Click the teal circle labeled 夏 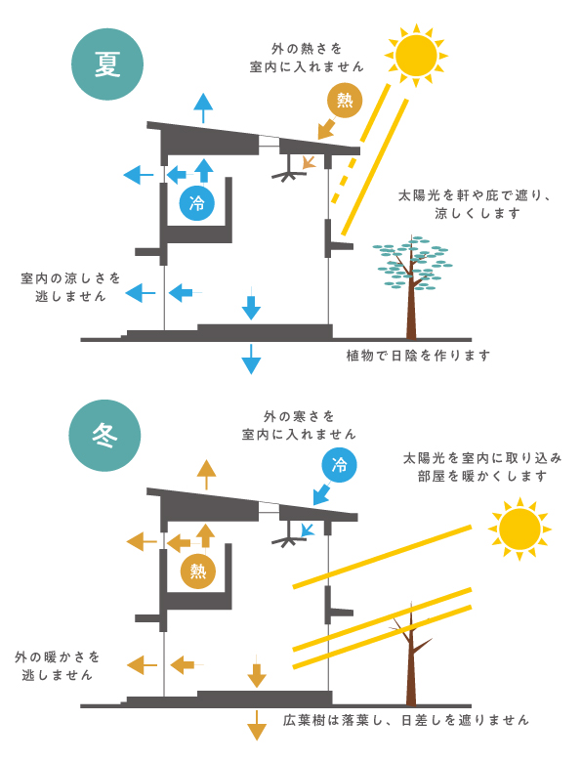pyautogui.click(x=107, y=64)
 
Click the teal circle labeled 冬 pyautogui.click(x=104, y=435)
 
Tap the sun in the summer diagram pyautogui.click(x=416, y=55)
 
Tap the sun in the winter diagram pyautogui.click(x=519, y=529)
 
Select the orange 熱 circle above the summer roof pyautogui.click(x=345, y=100)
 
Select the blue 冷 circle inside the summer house pyautogui.click(x=196, y=203)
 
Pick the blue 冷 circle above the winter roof pyautogui.click(x=339, y=465)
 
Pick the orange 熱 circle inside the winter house pyautogui.click(x=198, y=571)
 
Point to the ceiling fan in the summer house pyautogui.click(x=289, y=169)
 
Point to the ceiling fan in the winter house pyautogui.click(x=289, y=534)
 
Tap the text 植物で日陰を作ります pyautogui.click(x=418, y=356)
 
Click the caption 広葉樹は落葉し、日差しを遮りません pyautogui.click(x=405, y=720)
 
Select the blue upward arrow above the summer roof pyautogui.click(x=203, y=107)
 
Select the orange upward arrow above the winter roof pyautogui.click(x=207, y=474)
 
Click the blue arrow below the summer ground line pyautogui.click(x=251, y=359)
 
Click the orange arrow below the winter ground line pyautogui.click(x=257, y=725)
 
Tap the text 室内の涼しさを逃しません pyautogui.click(x=70, y=287)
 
